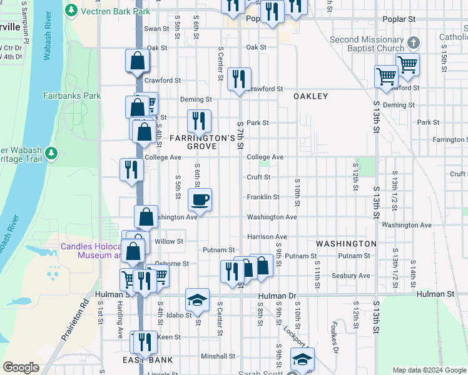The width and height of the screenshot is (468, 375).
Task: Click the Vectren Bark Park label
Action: point(115,11)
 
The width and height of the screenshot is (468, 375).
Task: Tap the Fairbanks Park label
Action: point(72,96)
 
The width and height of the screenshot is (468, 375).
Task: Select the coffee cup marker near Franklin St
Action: point(200,199)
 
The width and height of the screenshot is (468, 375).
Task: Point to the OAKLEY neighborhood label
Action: point(310,96)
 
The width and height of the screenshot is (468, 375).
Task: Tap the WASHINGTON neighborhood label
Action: point(346,243)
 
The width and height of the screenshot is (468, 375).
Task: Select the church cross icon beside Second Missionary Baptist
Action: point(412,44)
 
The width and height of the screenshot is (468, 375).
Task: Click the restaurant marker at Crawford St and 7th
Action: point(238,79)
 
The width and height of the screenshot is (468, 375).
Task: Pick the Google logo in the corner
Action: point(21,367)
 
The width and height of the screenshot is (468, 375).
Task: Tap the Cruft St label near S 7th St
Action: point(258,177)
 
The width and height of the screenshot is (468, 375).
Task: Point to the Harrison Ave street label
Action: point(267,237)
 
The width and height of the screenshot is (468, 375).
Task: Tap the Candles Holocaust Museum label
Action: point(91,251)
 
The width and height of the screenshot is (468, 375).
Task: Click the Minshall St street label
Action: point(218,356)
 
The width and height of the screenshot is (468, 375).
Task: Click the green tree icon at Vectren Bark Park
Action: point(71,11)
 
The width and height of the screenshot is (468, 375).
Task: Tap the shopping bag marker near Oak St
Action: point(137,61)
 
